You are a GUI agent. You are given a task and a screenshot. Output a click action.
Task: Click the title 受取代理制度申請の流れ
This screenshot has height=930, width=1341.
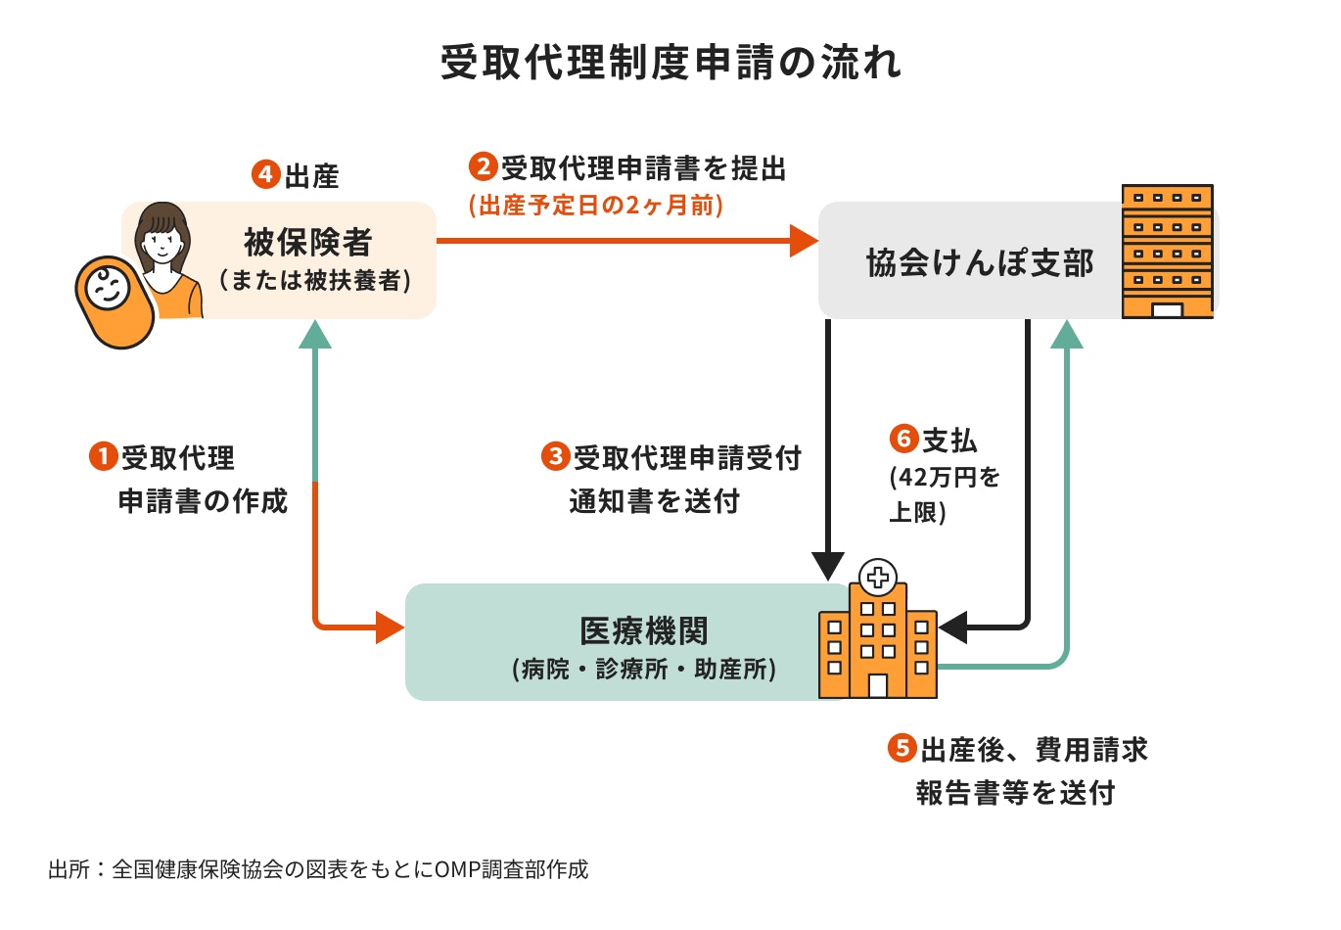(670, 63)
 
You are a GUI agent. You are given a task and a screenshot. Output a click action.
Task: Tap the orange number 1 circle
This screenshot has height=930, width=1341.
(103, 456)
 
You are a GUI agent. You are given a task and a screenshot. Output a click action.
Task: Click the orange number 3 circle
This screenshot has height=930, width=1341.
(555, 456)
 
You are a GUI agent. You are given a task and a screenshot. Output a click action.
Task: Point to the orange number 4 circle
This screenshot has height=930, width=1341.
(266, 174)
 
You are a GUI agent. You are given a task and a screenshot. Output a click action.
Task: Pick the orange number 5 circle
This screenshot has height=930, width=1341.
(902, 749)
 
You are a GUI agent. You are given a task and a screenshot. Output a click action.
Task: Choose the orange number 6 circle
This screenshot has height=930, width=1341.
(903, 439)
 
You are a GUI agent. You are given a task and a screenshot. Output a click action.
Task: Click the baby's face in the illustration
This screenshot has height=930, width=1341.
(106, 289)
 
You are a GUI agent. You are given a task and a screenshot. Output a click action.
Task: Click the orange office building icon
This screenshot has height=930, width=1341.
(1167, 252)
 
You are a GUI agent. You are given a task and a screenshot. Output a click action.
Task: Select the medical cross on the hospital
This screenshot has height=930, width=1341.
(878, 576)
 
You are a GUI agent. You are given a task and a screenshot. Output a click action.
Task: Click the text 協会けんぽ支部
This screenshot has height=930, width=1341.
(980, 262)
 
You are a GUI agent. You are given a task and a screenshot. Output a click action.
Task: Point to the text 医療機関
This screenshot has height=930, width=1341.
(643, 631)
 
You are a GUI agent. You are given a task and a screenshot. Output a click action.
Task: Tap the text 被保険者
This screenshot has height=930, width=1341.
(308, 241)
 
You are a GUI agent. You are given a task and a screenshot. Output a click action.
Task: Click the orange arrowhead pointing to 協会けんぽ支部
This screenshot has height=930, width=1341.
(804, 240)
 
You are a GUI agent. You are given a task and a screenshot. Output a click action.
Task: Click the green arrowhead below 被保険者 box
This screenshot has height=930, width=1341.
(314, 335)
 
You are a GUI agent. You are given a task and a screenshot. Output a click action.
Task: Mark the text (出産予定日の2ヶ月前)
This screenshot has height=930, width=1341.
(596, 206)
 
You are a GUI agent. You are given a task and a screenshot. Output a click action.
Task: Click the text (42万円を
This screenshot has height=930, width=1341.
(945, 478)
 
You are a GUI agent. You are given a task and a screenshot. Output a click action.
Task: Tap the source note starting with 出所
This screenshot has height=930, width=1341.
(318, 869)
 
